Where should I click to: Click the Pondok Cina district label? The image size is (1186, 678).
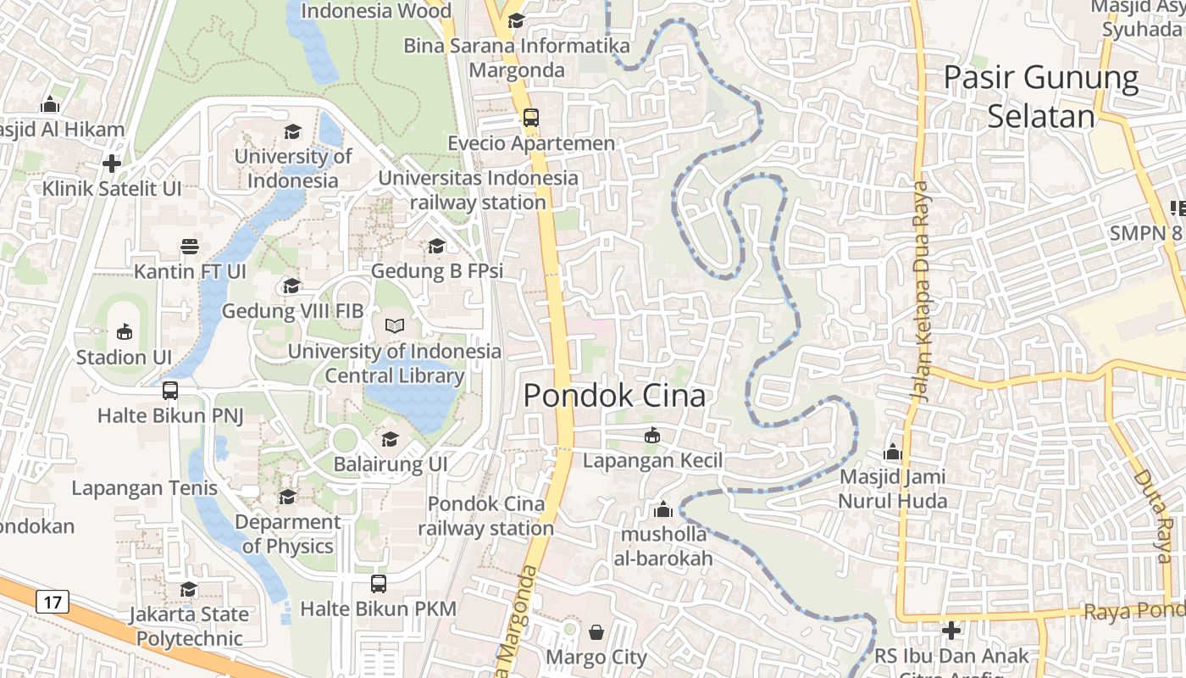click(614, 396)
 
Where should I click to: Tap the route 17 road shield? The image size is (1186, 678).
click(53, 603)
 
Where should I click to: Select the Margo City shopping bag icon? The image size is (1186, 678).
click(596, 632)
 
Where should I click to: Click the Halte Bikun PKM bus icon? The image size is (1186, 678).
click(379, 584)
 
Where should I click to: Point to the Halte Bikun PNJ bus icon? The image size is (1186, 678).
click(170, 391)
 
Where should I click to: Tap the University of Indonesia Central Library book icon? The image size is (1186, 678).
click(395, 325)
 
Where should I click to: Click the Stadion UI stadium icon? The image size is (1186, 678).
click(124, 331)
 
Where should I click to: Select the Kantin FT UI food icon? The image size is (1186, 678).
click(190, 247)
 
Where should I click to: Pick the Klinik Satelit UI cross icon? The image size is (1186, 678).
click(112, 164)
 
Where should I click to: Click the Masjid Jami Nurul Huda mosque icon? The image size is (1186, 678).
click(892, 452)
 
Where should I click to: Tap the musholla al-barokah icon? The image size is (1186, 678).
click(663, 510)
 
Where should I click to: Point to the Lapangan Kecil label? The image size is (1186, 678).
click(652, 460)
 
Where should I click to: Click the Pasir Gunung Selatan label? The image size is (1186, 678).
click(1041, 97)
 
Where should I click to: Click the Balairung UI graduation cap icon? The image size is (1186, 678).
click(390, 439)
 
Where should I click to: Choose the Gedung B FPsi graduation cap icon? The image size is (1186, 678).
click(436, 246)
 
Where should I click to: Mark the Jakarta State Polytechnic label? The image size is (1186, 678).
click(189, 625)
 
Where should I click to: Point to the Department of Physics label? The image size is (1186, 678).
click(288, 534)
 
